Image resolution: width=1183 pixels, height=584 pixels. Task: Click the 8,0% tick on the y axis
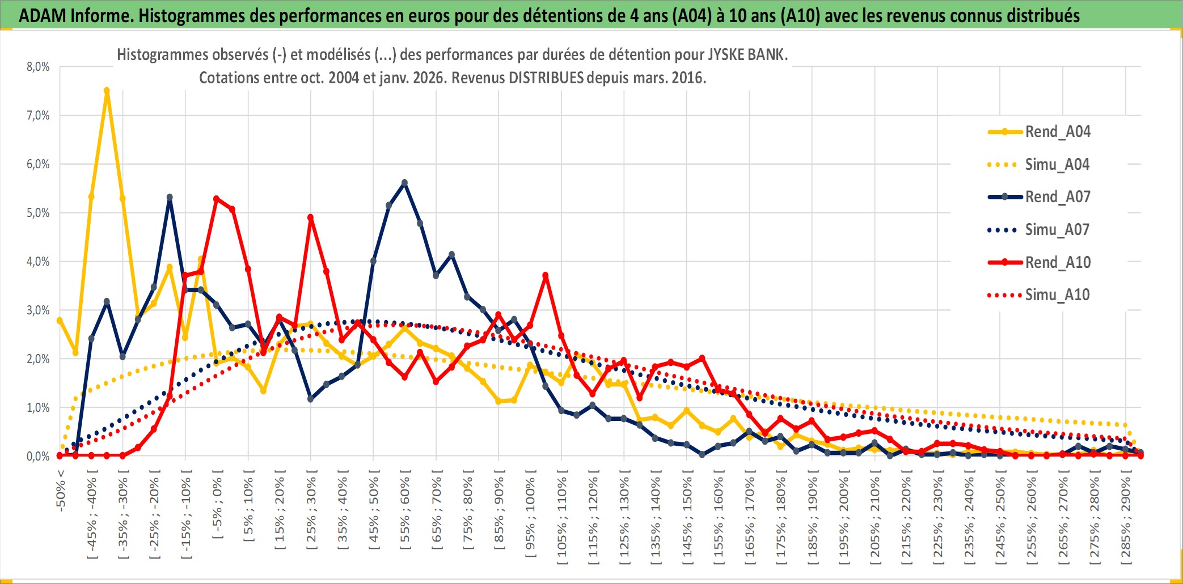[x=38, y=67]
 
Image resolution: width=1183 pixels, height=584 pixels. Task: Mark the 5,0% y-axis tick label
[x=38, y=213]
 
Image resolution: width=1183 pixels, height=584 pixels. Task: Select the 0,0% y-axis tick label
[x=38, y=457]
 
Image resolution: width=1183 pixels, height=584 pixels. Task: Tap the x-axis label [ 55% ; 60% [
[x=405, y=513]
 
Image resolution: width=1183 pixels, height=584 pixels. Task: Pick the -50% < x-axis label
[x=61, y=491]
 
